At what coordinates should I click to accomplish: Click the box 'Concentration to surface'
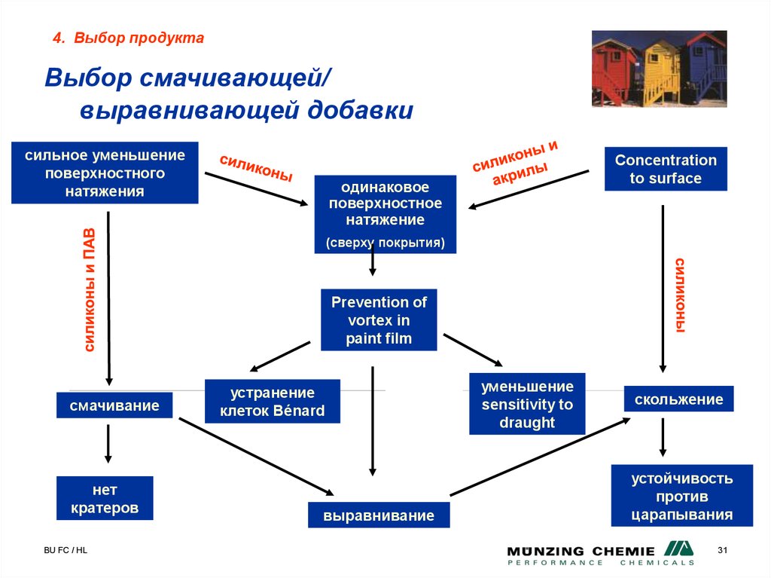coord(666,169)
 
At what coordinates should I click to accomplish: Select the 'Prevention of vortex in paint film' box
coord(379,320)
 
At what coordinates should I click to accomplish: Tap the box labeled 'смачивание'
coord(114,406)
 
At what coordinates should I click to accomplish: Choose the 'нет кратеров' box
coord(105,498)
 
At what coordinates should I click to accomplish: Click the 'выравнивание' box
coord(379,515)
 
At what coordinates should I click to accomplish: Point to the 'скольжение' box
coord(678,399)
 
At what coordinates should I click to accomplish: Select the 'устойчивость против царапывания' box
coord(681,497)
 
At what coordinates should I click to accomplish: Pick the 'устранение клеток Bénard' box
coord(273,402)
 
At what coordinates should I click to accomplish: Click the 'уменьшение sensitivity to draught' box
coord(527,405)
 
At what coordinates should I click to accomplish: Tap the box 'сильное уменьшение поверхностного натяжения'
coord(105,173)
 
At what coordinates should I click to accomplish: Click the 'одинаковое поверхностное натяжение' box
coord(385,214)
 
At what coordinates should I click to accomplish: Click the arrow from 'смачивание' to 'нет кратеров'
coord(108,443)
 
